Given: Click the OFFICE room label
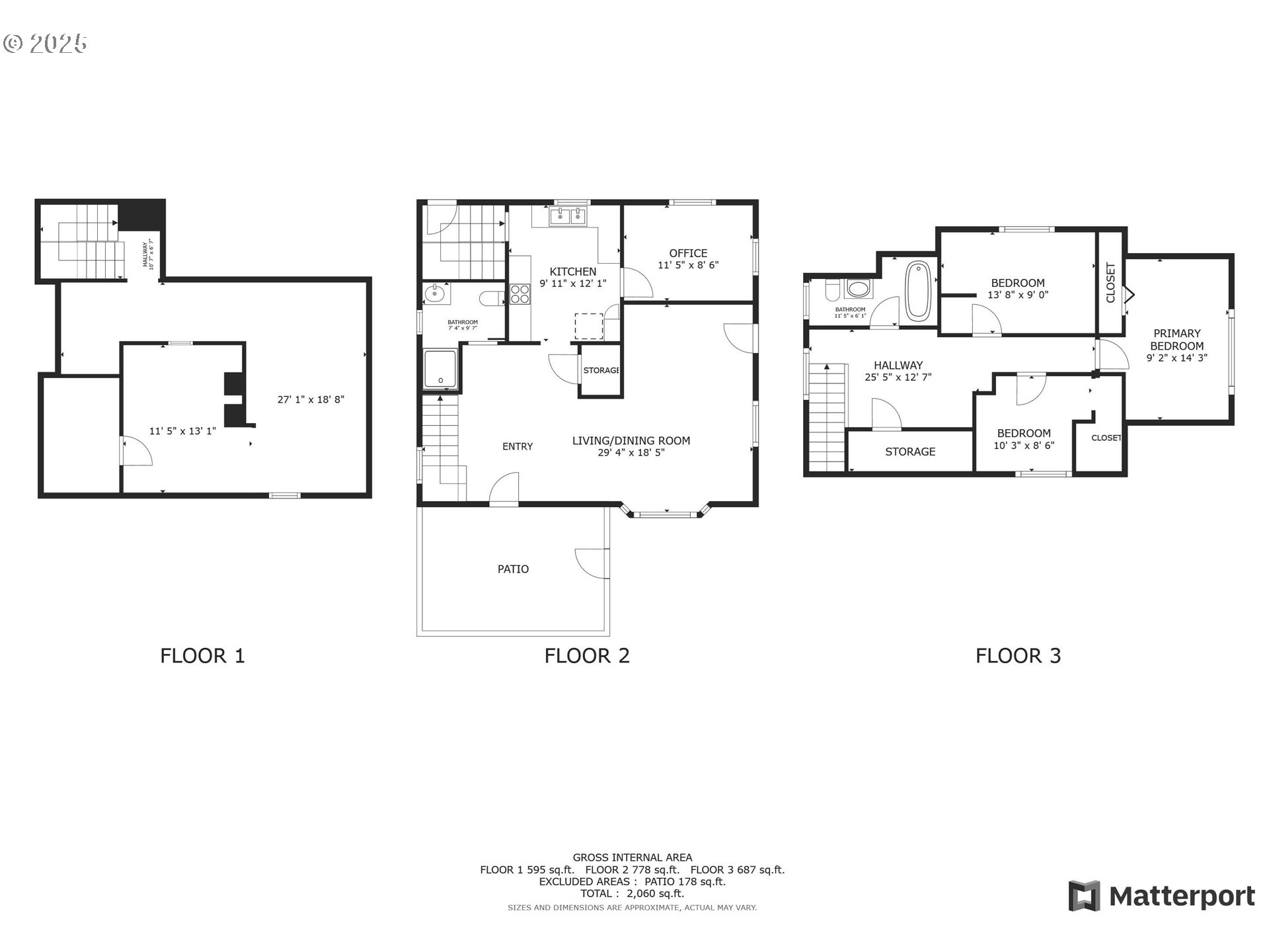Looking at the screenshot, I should [x=688, y=253].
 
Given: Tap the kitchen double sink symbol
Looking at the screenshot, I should [x=568, y=216].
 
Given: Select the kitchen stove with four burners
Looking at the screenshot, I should [x=519, y=294].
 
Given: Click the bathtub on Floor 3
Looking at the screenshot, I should [x=917, y=291].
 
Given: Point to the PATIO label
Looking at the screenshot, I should [x=513, y=569].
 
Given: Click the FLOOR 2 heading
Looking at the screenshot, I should [x=587, y=656].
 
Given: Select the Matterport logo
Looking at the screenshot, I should [x=1161, y=896].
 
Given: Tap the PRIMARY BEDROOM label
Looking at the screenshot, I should [x=1176, y=340].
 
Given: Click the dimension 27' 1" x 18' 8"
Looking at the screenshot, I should [x=311, y=399].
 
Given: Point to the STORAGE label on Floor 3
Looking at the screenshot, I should [x=910, y=452].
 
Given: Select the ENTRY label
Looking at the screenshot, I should [x=518, y=447].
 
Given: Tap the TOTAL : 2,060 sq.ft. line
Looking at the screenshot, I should [x=632, y=893].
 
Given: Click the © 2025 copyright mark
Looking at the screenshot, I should [x=45, y=44].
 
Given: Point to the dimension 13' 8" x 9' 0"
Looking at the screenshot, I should [x=1018, y=295].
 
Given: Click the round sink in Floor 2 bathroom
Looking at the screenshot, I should [x=434, y=294].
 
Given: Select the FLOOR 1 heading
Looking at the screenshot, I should [x=202, y=656].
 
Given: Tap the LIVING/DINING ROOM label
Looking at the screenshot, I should [x=631, y=441].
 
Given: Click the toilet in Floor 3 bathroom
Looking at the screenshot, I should [x=833, y=290].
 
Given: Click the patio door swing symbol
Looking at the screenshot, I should [x=591, y=563].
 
